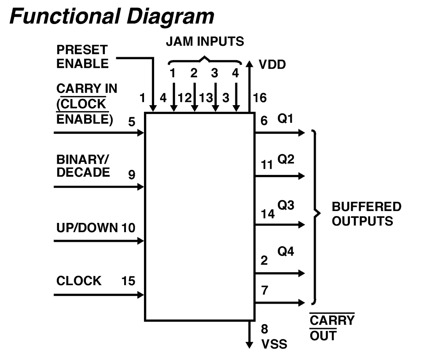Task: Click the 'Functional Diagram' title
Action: [x=112, y=17]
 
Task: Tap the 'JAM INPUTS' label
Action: [x=205, y=42]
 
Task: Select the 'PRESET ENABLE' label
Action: [x=83, y=57]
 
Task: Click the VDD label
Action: [x=272, y=65]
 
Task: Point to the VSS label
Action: [x=274, y=344]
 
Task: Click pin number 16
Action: [x=260, y=98]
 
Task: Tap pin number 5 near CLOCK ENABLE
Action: [x=131, y=122]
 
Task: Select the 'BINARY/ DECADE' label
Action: [x=83, y=166]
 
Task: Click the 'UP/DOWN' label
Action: [x=87, y=228]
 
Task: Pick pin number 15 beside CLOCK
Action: [x=128, y=281]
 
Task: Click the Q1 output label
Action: [x=285, y=119]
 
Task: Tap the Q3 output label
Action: [x=286, y=205]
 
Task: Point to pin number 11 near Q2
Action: [x=266, y=165]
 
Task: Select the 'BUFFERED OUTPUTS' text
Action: [x=367, y=214]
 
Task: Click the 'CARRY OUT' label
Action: [x=332, y=328]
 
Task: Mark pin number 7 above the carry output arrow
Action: [x=264, y=290]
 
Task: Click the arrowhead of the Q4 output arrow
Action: [x=302, y=273]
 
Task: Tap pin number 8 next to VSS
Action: [x=264, y=329]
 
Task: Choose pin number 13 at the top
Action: [x=206, y=98]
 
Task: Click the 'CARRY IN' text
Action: [x=87, y=88]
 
